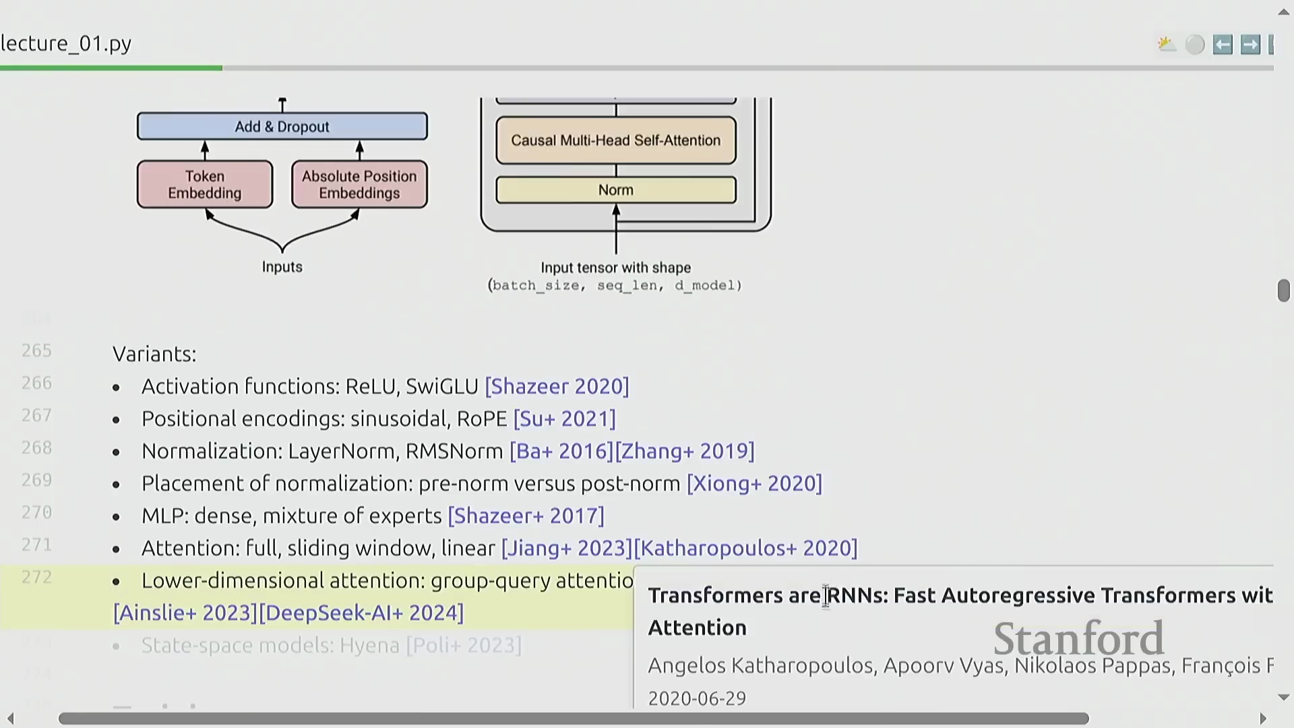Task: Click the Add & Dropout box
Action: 282,127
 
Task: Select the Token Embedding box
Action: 205,185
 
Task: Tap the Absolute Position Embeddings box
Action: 359,185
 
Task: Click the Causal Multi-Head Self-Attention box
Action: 615,140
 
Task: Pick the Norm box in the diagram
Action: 615,190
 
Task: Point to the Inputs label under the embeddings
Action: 282,267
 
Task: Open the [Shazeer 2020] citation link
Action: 557,386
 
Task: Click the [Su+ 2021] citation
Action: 564,419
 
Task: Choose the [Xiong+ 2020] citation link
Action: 754,483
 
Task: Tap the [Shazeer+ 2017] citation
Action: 526,516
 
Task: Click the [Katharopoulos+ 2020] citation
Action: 745,548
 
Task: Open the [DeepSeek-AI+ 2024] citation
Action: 361,613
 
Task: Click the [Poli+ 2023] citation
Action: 464,645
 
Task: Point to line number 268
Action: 36,448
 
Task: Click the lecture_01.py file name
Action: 66,43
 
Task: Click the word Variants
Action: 154,354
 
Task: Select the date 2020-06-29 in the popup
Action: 697,698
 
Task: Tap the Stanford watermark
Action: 1078,639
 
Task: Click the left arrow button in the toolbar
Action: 1223,44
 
